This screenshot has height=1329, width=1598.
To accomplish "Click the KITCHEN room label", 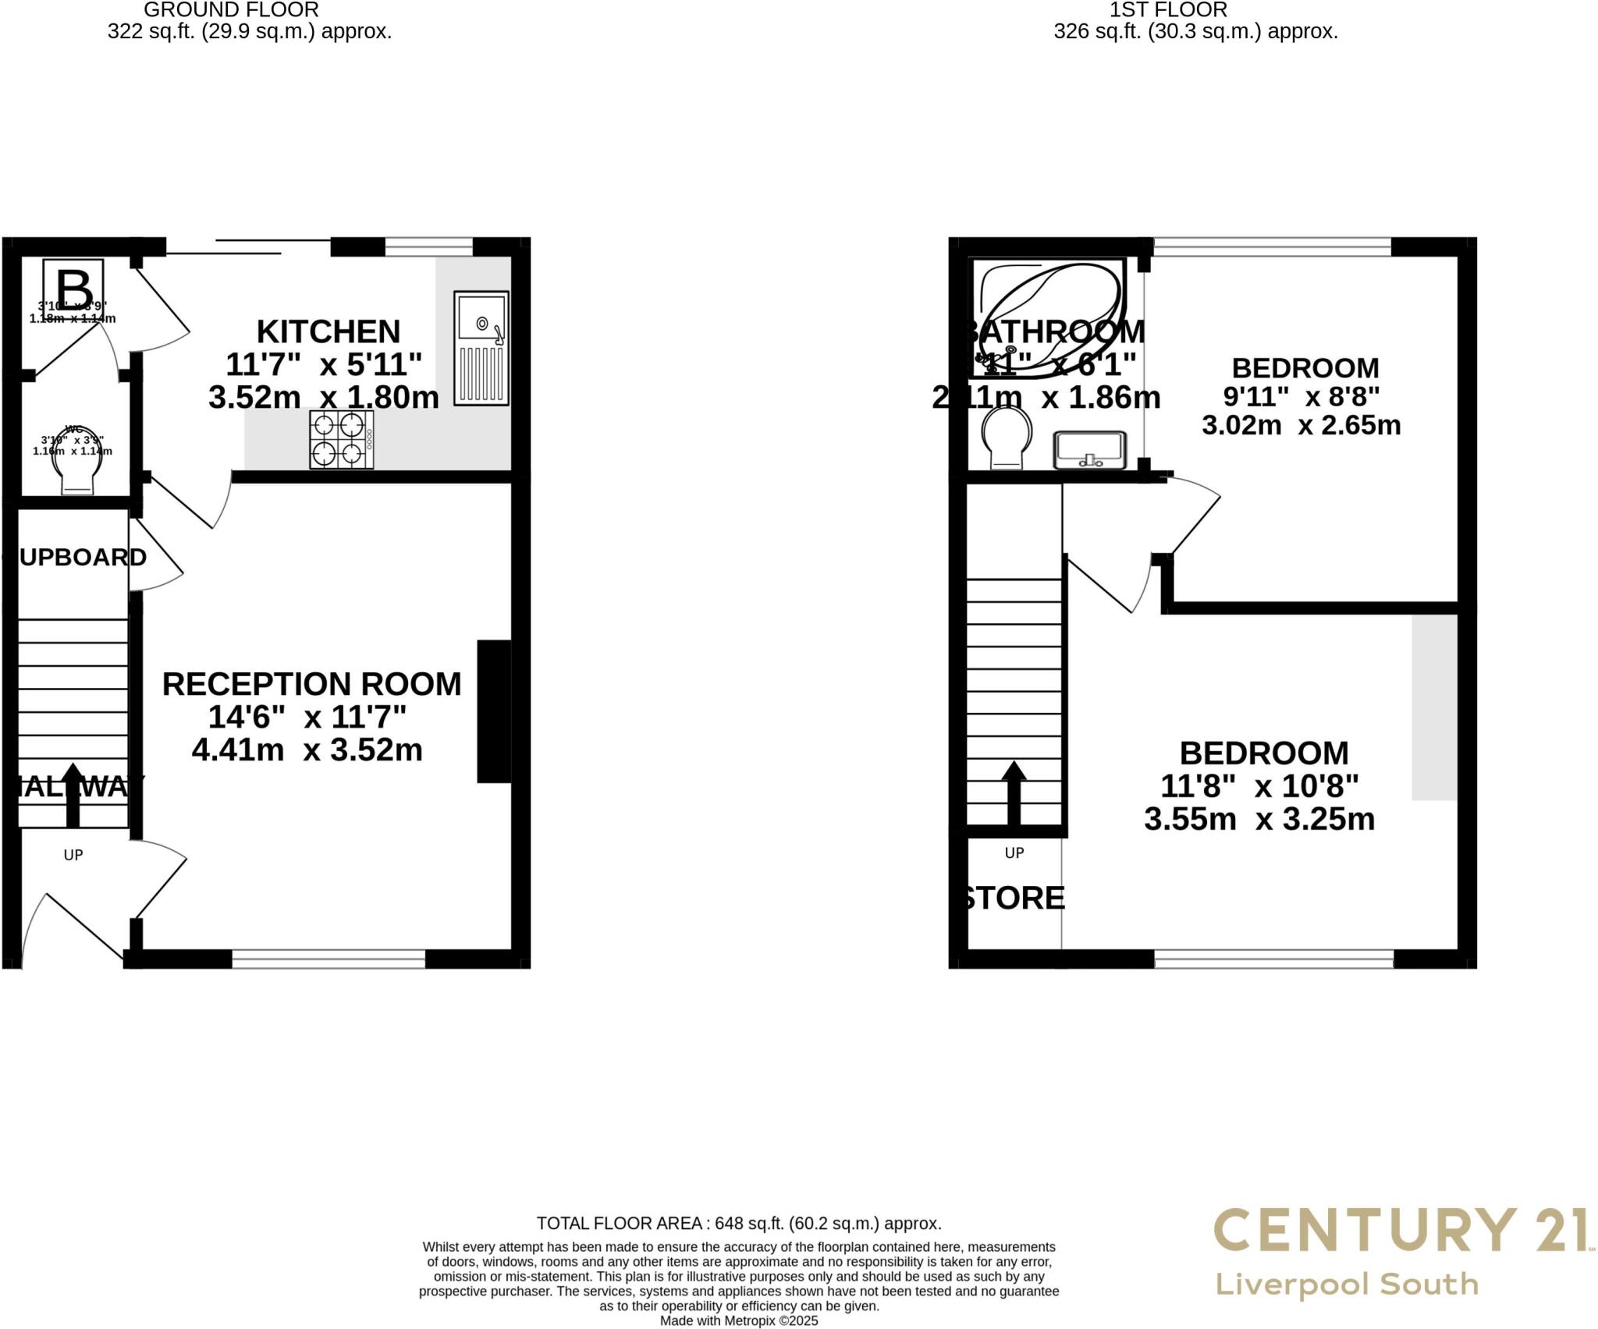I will [328, 332].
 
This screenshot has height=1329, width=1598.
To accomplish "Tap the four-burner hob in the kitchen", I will [342, 439].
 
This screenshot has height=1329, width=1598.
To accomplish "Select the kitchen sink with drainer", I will [481, 348].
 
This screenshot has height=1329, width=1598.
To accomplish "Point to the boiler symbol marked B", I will [73, 286].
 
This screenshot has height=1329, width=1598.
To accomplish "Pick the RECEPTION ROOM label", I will [311, 684].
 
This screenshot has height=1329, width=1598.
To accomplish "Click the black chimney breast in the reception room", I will [494, 711].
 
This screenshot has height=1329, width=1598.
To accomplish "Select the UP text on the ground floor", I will [73, 855].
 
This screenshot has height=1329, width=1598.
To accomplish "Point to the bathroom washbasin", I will [1090, 450].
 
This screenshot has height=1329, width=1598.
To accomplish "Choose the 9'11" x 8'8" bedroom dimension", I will [1301, 397].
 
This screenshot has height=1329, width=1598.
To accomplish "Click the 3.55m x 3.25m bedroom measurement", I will [1259, 819].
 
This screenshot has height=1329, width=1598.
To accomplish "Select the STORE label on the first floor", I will [1011, 898].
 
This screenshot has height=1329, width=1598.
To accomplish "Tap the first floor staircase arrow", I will [1014, 792].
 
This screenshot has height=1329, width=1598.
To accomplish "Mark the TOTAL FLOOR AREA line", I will [738, 1223].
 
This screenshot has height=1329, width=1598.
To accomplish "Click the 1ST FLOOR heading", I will [1168, 10].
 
